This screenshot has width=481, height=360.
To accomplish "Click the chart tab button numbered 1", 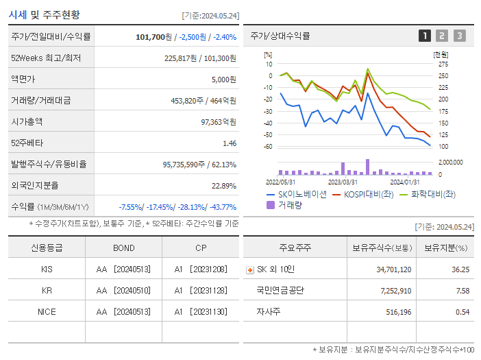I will coord(425,36).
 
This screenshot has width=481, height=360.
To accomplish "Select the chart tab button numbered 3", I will coord(459,36).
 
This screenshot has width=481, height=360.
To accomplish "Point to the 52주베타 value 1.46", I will coord(230,143).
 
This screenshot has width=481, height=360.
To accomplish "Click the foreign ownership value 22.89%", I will coord(224,185).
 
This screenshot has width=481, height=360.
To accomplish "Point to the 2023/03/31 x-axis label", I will coord(342,182).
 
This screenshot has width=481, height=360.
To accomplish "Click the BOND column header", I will coord(124,248).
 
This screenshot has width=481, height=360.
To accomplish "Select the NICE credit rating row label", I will coord(47,311).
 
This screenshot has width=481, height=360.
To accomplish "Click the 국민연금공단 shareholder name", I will coord(280,291).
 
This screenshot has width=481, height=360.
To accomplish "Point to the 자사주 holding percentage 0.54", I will coord(463,312).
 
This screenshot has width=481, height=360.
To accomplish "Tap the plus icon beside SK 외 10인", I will coord(249,270).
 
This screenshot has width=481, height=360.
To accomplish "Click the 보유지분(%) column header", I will coord(445,248).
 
